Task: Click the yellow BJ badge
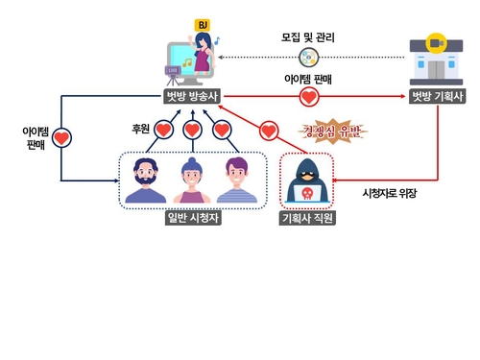pyautogui.click(x=203, y=25)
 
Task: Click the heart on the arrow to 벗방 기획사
pyautogui.click(x=308, y=96)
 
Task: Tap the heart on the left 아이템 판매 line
pyautogui.click(x=61, y=138)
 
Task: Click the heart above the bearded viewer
pyautogui.click(x=162, y=130)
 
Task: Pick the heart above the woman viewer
pyautogui.click(x=192, y=130)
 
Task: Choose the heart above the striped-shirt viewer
pyautogui.click(x=223, y=130)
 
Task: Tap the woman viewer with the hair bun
pyautogui.click(x=192, y=180)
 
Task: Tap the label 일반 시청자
pyautogui.click(x=193, y=218)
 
